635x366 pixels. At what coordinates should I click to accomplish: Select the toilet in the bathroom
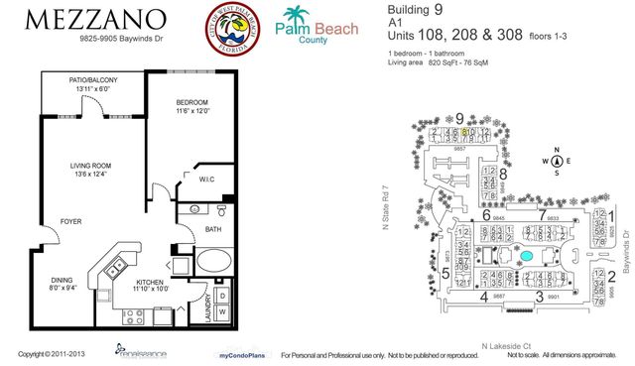[x=220, y=212]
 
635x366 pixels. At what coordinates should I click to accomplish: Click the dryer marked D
[x=222, y=297]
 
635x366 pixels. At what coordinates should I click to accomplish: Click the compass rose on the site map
[x=557, y=161]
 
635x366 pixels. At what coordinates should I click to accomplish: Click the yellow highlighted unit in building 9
[x=464, y=131]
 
